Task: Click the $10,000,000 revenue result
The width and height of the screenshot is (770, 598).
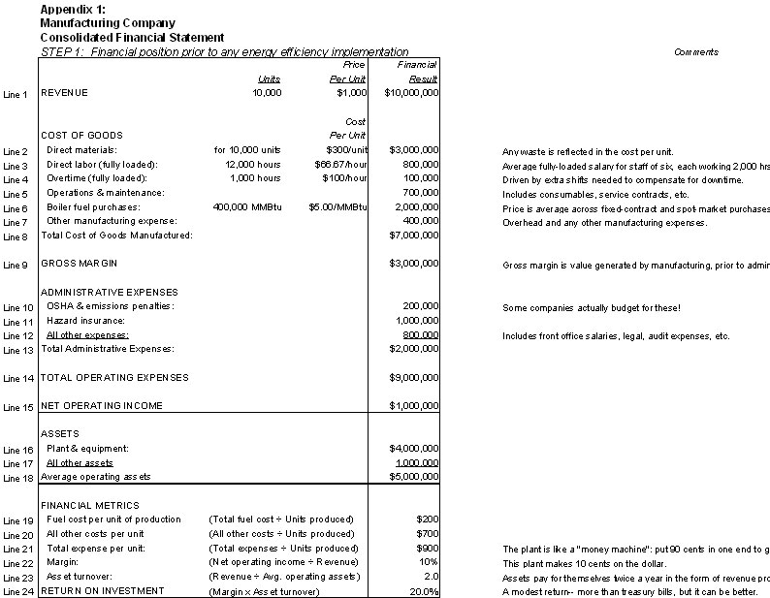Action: pyautogui.click(x=411, y=93)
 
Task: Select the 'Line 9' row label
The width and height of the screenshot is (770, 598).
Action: pyautogui.click(x=16, y=265)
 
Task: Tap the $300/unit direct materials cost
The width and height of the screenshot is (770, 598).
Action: pyautogui.click(x=347, y=150)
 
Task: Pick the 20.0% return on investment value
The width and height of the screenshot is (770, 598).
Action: pyautogui.click(x=424, y=590)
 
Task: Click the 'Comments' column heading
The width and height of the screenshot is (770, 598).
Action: pyautogui.click(x=696, y=52)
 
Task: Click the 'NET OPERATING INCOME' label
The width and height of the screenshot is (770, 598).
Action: pyautogui.click(x=102, y=405)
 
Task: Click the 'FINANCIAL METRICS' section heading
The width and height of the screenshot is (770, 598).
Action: pyautogui.click(x=90, y=505)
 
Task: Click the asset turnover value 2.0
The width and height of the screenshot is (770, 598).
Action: pyautogui.click(x=431, y=576)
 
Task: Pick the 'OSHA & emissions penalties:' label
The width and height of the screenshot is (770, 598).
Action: pyautogui.click(x=110, y=306)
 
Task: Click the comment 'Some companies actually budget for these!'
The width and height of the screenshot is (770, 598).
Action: pyautogui.click(x=592, y=307)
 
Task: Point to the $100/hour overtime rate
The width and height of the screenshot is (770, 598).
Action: pyautogui.click(x=346, y=179)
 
